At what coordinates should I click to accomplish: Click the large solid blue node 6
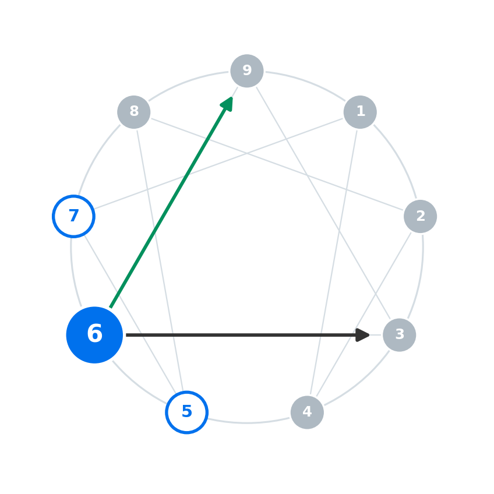click(x=94, y=335)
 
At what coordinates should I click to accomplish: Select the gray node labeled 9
click(x=247, y=71)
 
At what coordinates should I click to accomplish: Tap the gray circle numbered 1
click(x=360, y=112)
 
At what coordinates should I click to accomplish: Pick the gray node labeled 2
click(x=420, y=217)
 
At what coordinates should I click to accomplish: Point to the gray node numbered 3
click(x=400, y=335)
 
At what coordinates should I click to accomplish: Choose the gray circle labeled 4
click(x=307, y=412)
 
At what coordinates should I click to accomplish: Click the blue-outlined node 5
click(x=187, y=412)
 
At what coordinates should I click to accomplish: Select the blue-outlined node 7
click(x=74, y=217)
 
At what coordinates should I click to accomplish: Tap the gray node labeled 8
click(x=134, y=112)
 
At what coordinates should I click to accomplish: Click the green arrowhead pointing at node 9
click(x=227, y=104)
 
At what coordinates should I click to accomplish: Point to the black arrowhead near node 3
click(x=362, y=335)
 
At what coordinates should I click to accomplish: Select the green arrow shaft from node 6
click(x=168, y=206)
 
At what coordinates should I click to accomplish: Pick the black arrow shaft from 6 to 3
click(x=241, y=335)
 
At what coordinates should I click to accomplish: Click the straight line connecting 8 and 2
click(x=277, y=164)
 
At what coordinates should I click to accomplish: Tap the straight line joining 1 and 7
click(x=218, y=164)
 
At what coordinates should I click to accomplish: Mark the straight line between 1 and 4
click(x=334, y=262)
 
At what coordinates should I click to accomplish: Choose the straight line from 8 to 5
click(x=160, y=260)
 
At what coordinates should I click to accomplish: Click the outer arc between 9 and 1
click(x=306, y=83)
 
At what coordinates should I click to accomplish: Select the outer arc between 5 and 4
click(x=248, y=422)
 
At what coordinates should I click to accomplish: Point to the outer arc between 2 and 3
click(x=420, y=277)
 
